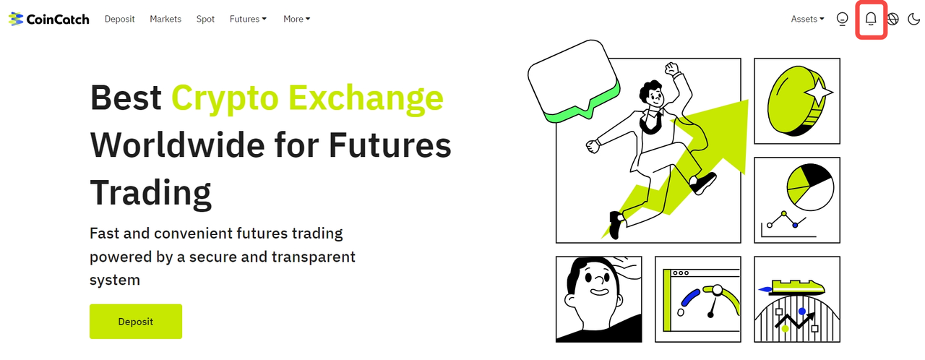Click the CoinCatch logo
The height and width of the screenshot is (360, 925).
[48, 19]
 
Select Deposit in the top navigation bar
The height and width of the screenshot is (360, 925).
[119, 19]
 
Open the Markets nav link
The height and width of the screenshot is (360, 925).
[165, 19]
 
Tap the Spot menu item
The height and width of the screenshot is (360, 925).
[205, 19]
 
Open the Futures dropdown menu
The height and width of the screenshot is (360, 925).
[248, 19]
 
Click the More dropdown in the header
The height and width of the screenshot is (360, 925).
[296, 19]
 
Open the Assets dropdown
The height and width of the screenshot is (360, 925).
[807, 19]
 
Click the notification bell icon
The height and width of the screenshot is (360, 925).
[871, 19]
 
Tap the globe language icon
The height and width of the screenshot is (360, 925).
[892, 19]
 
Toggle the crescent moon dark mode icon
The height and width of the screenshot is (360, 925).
[913, 19]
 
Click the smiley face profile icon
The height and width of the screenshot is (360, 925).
[842, 19]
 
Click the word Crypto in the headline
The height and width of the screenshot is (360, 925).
[225, 98]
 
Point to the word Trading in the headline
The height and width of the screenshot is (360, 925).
[151, 193]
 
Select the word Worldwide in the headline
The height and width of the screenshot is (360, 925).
[178, 145]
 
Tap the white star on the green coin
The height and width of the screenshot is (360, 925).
[818, 92]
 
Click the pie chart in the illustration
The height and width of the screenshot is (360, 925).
[810, 187]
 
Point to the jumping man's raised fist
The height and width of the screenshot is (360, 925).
[672, 69]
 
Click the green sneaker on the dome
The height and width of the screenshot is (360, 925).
[798, 286]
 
